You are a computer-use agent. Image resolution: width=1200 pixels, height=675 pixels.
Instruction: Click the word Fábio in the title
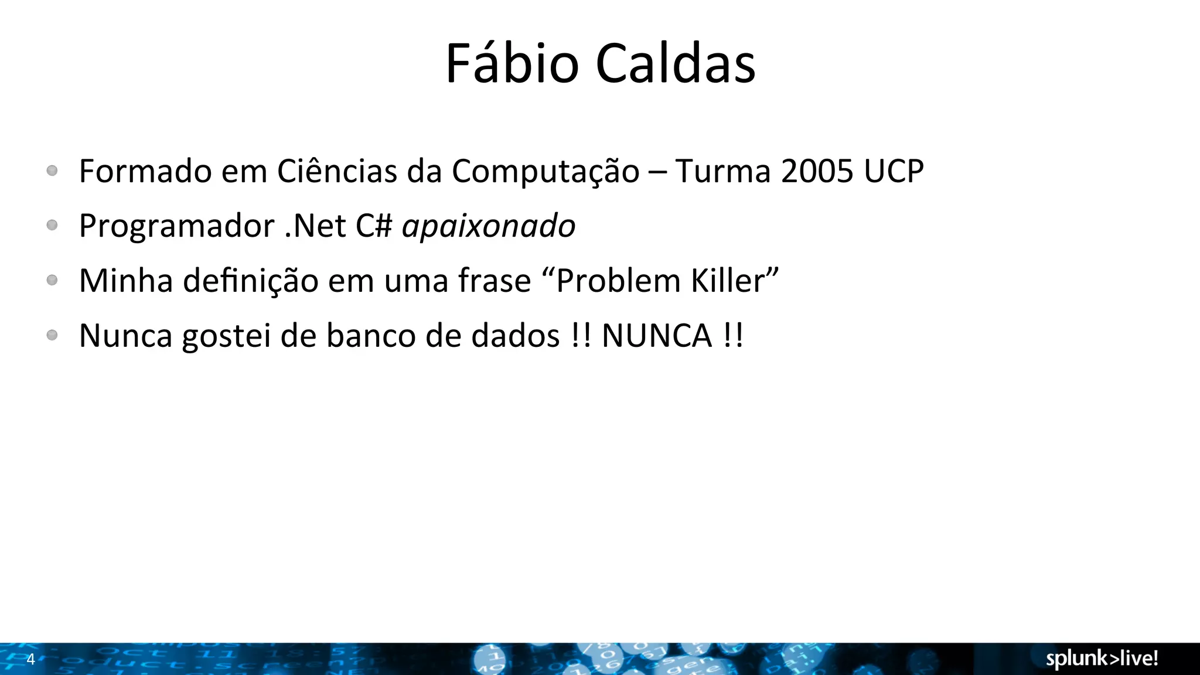tap(512, 63)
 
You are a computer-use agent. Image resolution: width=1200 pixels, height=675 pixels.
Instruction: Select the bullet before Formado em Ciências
tap(52, 171)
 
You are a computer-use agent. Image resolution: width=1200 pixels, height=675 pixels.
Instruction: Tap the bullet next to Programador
tap(52, 225)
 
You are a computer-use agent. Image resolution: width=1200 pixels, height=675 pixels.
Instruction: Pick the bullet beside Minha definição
tap(52, 280)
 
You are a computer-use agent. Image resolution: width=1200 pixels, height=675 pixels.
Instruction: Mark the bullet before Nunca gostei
tap(52, 335)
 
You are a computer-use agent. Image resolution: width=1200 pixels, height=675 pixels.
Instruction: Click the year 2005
tap(817, 171)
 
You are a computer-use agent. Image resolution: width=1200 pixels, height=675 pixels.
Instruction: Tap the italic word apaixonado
tap(489, 226)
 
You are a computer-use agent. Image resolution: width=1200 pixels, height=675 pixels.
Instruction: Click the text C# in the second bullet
tap(374, 226)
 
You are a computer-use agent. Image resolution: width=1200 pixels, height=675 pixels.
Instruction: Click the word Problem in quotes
tap(618, 281)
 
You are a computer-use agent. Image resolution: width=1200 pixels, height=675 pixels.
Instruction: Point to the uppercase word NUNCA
tap(657, 336)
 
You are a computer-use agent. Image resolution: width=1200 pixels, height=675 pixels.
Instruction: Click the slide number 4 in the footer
tap(31, 659)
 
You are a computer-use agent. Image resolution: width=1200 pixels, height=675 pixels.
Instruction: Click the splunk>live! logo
tap(1102, 659)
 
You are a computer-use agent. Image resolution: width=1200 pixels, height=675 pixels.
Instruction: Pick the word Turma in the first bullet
tap(722, 171)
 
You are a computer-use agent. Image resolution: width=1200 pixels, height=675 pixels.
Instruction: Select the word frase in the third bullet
tap(495, 281)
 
